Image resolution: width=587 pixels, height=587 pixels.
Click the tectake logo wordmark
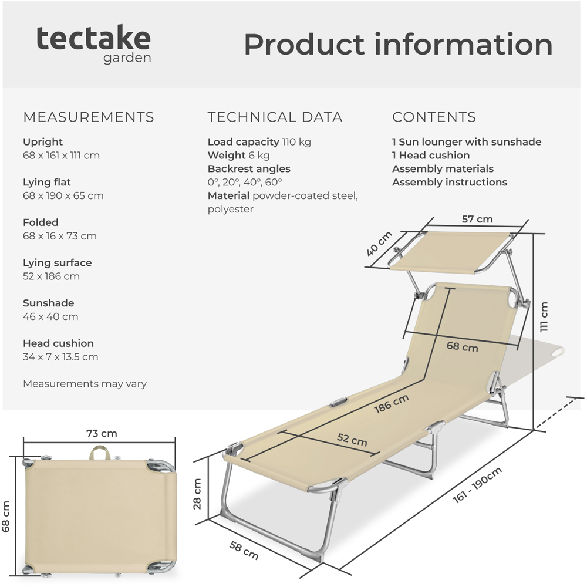[93, 39]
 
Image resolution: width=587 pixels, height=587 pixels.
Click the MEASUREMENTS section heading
[89, 117]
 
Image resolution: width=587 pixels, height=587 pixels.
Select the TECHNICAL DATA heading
[275, 117]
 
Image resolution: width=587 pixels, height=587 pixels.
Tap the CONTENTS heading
[434, 117]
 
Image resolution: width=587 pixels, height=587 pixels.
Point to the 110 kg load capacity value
[296, 142]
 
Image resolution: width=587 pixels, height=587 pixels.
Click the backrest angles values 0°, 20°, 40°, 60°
[245, 183]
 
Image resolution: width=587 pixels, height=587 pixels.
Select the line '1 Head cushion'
[431, 156]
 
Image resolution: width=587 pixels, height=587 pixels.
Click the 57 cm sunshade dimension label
[477, 219]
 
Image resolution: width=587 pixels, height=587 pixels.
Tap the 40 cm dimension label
[379, 244]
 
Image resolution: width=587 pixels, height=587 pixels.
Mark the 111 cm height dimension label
[544, 317]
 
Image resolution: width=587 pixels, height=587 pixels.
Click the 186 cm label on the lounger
[392, 404]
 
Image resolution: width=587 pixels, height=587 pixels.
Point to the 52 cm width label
[352, 440]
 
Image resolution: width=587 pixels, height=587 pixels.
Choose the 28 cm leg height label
[197, 494]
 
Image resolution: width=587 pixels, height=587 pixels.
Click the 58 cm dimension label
[244, 551]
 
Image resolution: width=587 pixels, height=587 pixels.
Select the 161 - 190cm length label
[477, 485]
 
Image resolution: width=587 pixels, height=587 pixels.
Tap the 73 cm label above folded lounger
[102, 434]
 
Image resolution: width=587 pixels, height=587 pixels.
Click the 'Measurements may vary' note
[85, 384]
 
